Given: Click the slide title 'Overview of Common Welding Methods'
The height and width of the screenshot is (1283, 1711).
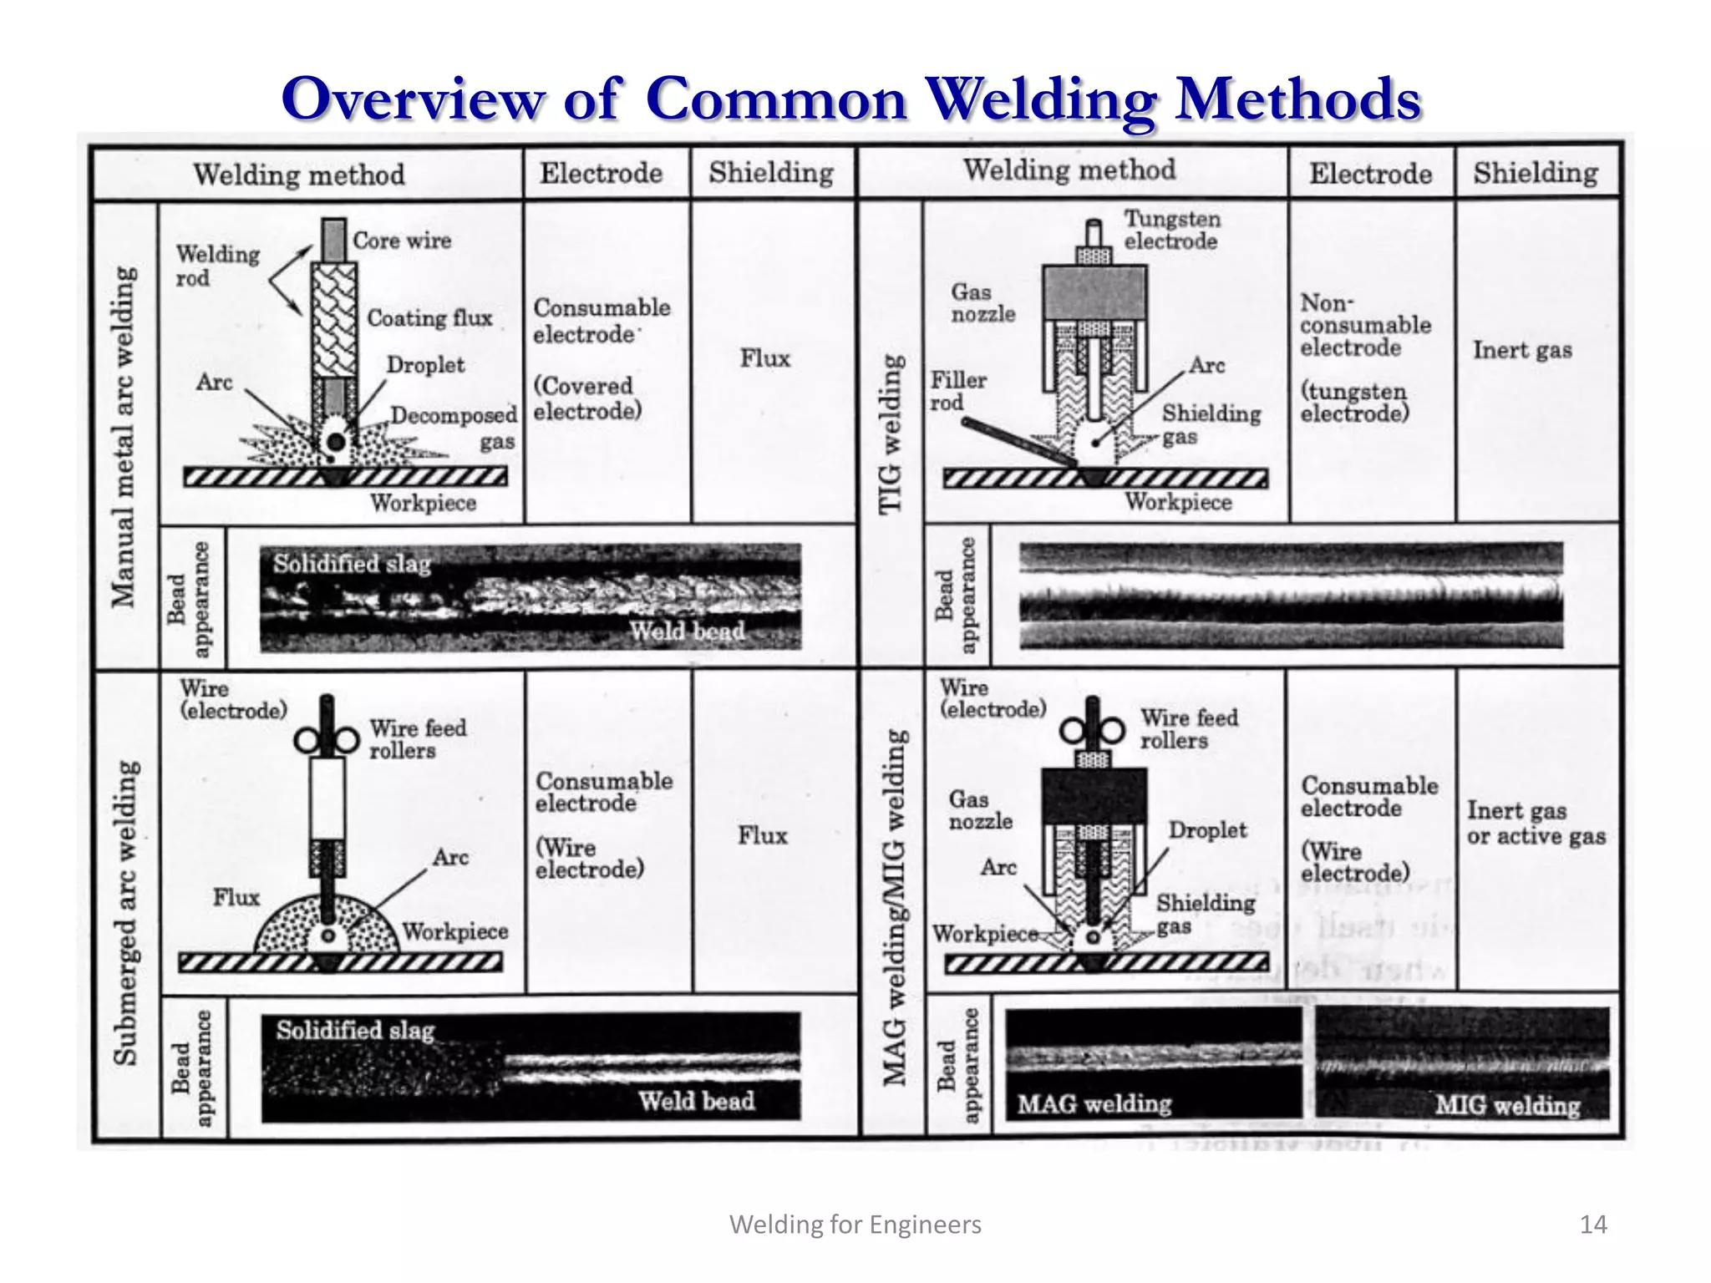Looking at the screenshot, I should click(850, 99).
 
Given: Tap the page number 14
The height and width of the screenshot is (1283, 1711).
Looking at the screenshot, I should click(1592, 1225).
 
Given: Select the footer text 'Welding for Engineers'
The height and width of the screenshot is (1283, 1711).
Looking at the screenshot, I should click(855, 1225).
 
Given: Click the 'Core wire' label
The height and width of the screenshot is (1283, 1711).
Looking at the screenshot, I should click(401, 241).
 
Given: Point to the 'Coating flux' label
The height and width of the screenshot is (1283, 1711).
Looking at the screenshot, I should click(429, 318).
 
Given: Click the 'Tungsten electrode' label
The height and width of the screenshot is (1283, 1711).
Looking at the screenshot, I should click(1171, 230).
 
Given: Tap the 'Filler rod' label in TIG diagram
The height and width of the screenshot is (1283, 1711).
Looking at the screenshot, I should click(957, 391).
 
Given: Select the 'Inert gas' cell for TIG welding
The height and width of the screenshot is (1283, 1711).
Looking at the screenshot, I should click(1521, 350).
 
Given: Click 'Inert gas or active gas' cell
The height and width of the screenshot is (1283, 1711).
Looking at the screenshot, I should click(1536, 824).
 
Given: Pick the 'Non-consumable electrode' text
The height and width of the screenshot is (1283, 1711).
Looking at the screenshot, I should click(1364, 326).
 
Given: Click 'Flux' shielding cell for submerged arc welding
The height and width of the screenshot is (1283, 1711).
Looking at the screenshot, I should click(762, 835).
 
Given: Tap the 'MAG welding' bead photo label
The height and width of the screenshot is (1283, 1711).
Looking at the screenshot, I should click(1094, 1104).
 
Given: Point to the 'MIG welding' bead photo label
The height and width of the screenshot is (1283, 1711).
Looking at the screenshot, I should click(1507, 1105).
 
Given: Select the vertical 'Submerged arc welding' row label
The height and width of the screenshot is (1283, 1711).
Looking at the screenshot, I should click(125, 912).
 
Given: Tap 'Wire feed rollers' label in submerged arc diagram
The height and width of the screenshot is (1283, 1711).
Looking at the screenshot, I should click(417, 739).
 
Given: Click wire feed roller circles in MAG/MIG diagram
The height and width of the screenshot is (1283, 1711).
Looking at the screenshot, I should click(1092, 732).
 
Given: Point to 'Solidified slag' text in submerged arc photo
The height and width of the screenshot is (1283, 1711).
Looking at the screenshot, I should click(355, 1030).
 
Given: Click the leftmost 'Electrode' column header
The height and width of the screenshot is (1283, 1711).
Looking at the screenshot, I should click(601, 173).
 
